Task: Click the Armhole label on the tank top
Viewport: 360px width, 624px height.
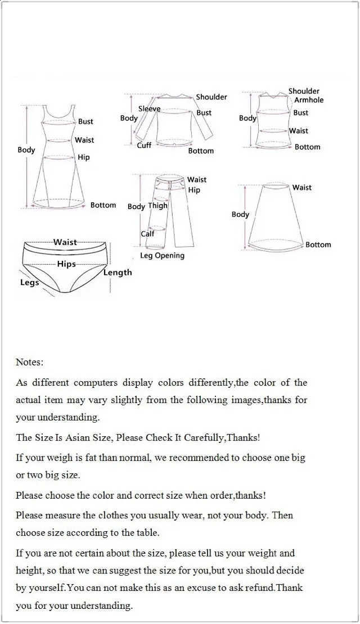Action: click(x=309, y=100)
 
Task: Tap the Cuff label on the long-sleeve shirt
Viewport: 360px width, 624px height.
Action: click(x=144, y=145)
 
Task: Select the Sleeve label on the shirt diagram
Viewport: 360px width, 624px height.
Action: click(x=149, y=108)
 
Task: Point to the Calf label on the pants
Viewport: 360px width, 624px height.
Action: click(x=147, y=234)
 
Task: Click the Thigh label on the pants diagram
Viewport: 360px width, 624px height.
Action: click(x=157, y=206)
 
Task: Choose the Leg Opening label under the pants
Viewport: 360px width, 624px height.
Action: click(x=162, y=256)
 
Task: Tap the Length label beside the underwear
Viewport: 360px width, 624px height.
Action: click(x=118, y=273)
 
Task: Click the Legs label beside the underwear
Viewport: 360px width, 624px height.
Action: click(x=29, y=282)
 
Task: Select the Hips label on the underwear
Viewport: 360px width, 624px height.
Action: click(x=66, y=264)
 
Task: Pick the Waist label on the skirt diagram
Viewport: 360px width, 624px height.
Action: click(x=301, y=187)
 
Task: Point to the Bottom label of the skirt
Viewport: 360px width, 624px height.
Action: click(x=318, y=245)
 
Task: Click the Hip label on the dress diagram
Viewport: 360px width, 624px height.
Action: click(x=83, y=157)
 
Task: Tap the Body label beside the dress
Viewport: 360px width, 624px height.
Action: click(x=26, y=150)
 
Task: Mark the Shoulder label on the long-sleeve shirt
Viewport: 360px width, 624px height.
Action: click(x=211, y=97)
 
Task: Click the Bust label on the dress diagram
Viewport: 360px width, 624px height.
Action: click(x=85, y=121)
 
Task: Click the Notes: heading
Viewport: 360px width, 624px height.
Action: click(x=30, y=362)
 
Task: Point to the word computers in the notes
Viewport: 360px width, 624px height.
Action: click(x=93, y=383)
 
